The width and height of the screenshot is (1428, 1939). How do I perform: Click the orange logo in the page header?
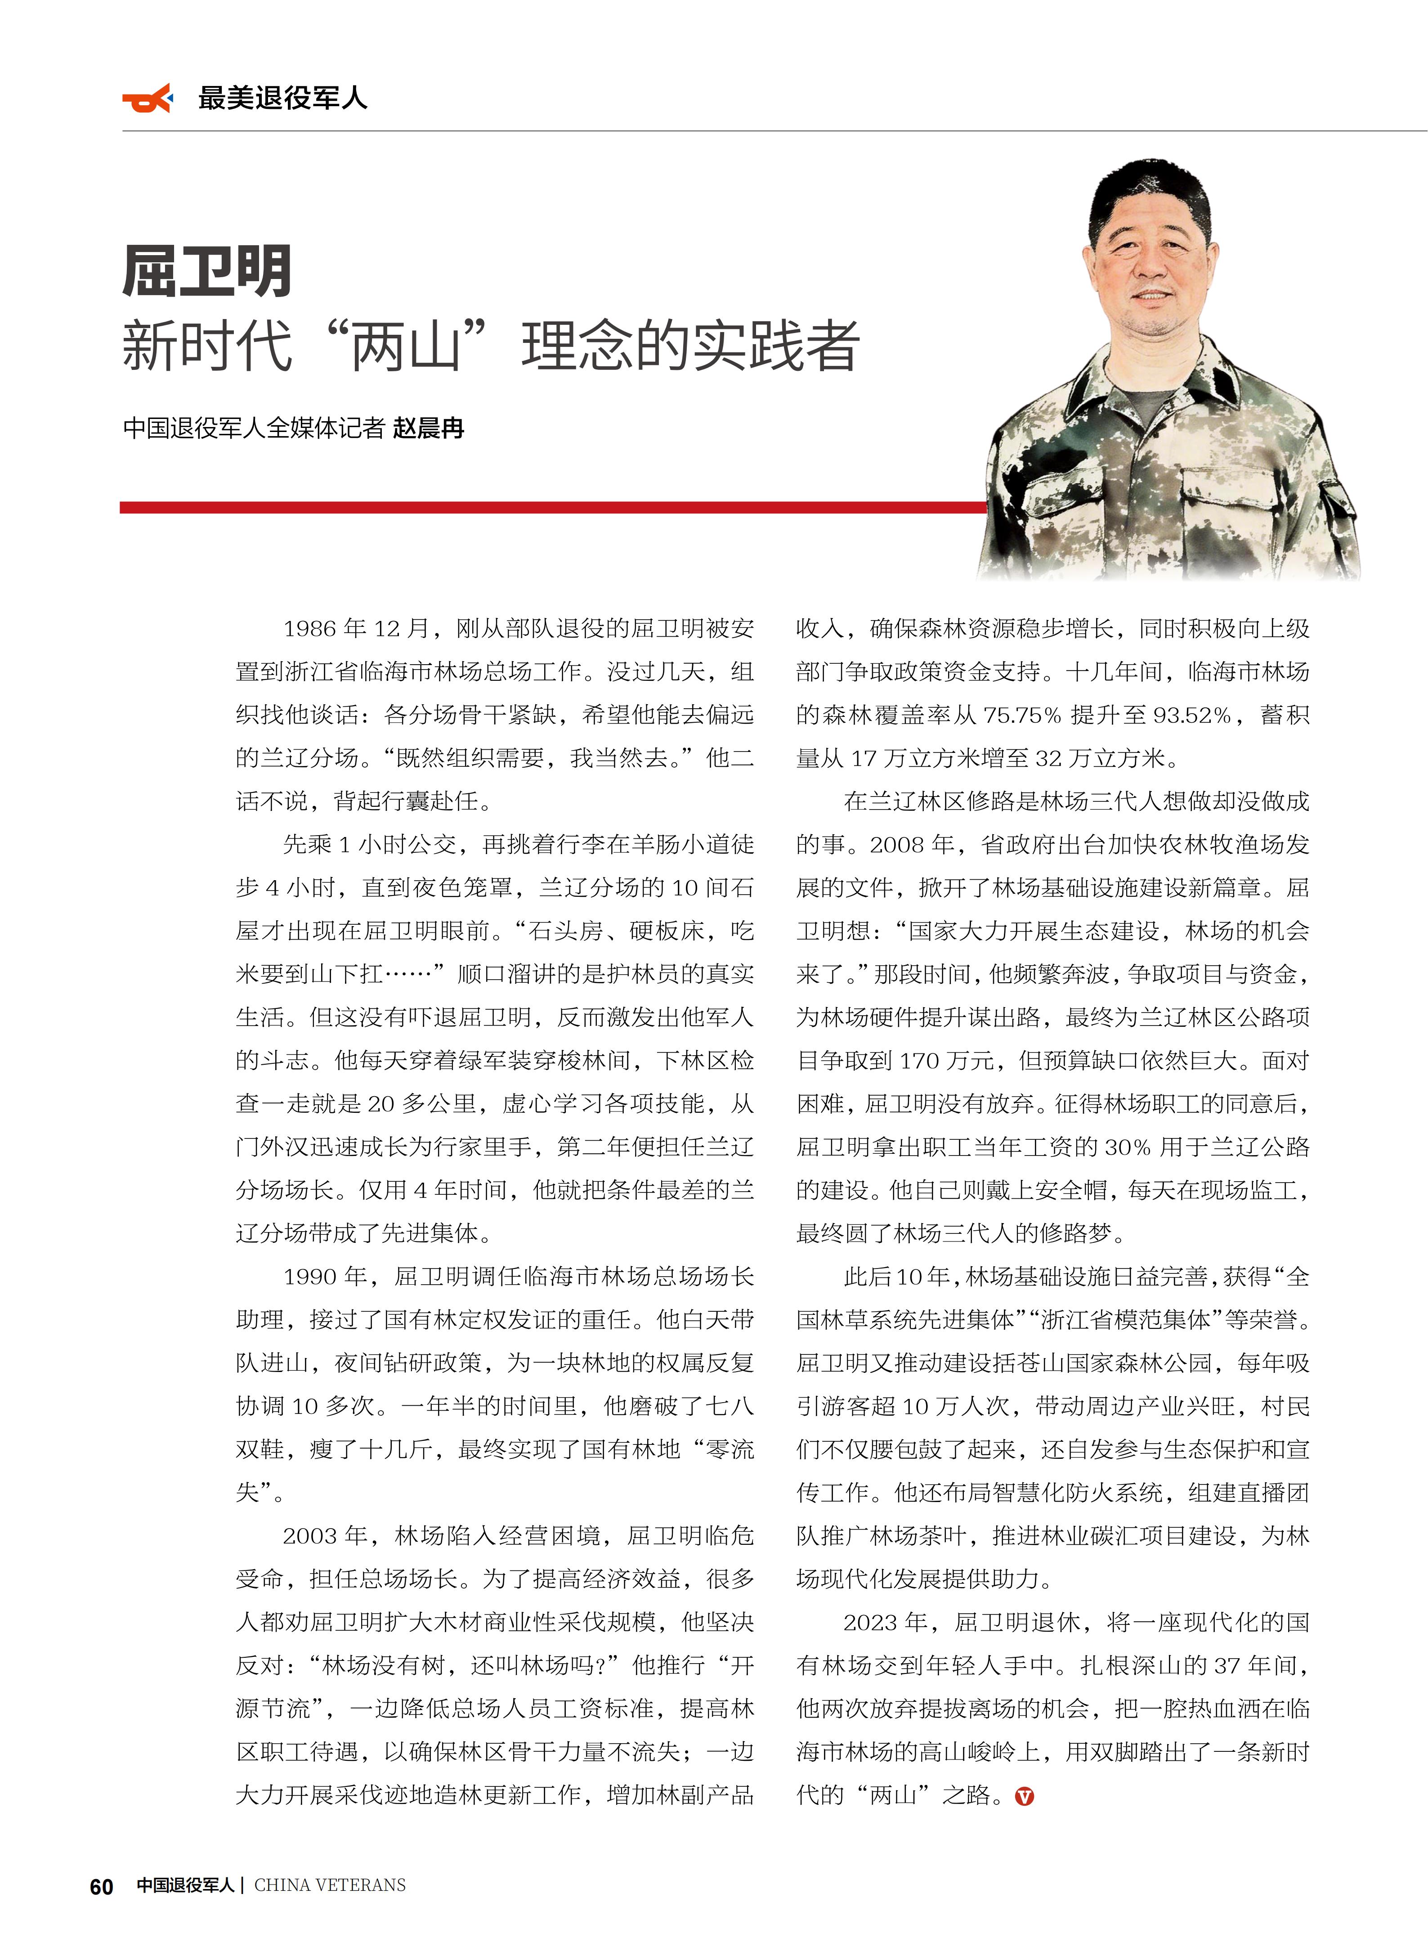pyautogui.click(x=147, y=99)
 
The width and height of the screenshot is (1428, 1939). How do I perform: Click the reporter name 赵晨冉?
pyautogui.click(x=429, y=428)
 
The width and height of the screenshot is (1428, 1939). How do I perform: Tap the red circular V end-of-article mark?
pyautogui.click(x=1024, y=1796)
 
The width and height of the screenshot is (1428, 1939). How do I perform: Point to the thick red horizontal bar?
pyautogui.click(x=553, y=508)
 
